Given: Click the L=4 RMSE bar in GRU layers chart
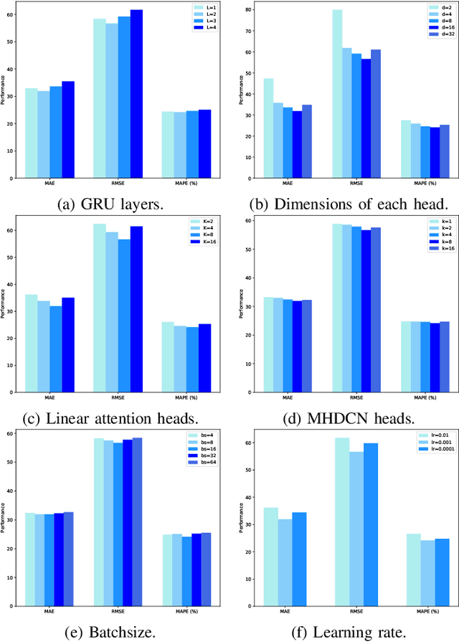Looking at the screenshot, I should pyautogui.click(x=137, y=93).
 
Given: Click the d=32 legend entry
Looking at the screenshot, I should pyautogui.click(x=435, y=34).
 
